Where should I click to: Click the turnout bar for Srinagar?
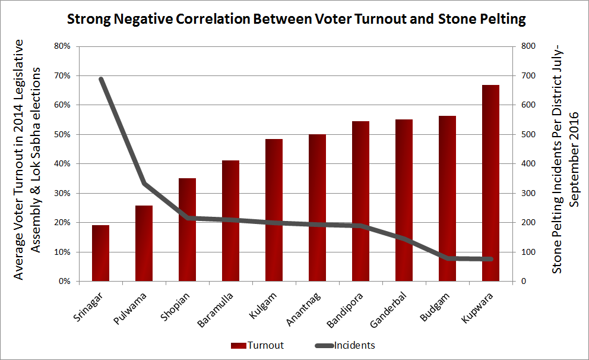click(x=100, y=253)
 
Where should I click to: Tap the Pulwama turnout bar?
click(x=144, y=244)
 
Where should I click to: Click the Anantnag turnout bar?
click(x=317, y=208)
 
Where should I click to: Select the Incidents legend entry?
click(x=354, y=345)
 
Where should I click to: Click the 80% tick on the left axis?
click(x=62, y=46)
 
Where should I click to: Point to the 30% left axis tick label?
click(x=62, y=193)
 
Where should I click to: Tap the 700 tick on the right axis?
click(x=528, y=76)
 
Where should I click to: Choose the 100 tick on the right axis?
click(x=528, y=252)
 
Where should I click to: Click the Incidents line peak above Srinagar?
click(x=101, y=79)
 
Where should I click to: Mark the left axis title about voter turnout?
click(x=27, y=160)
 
